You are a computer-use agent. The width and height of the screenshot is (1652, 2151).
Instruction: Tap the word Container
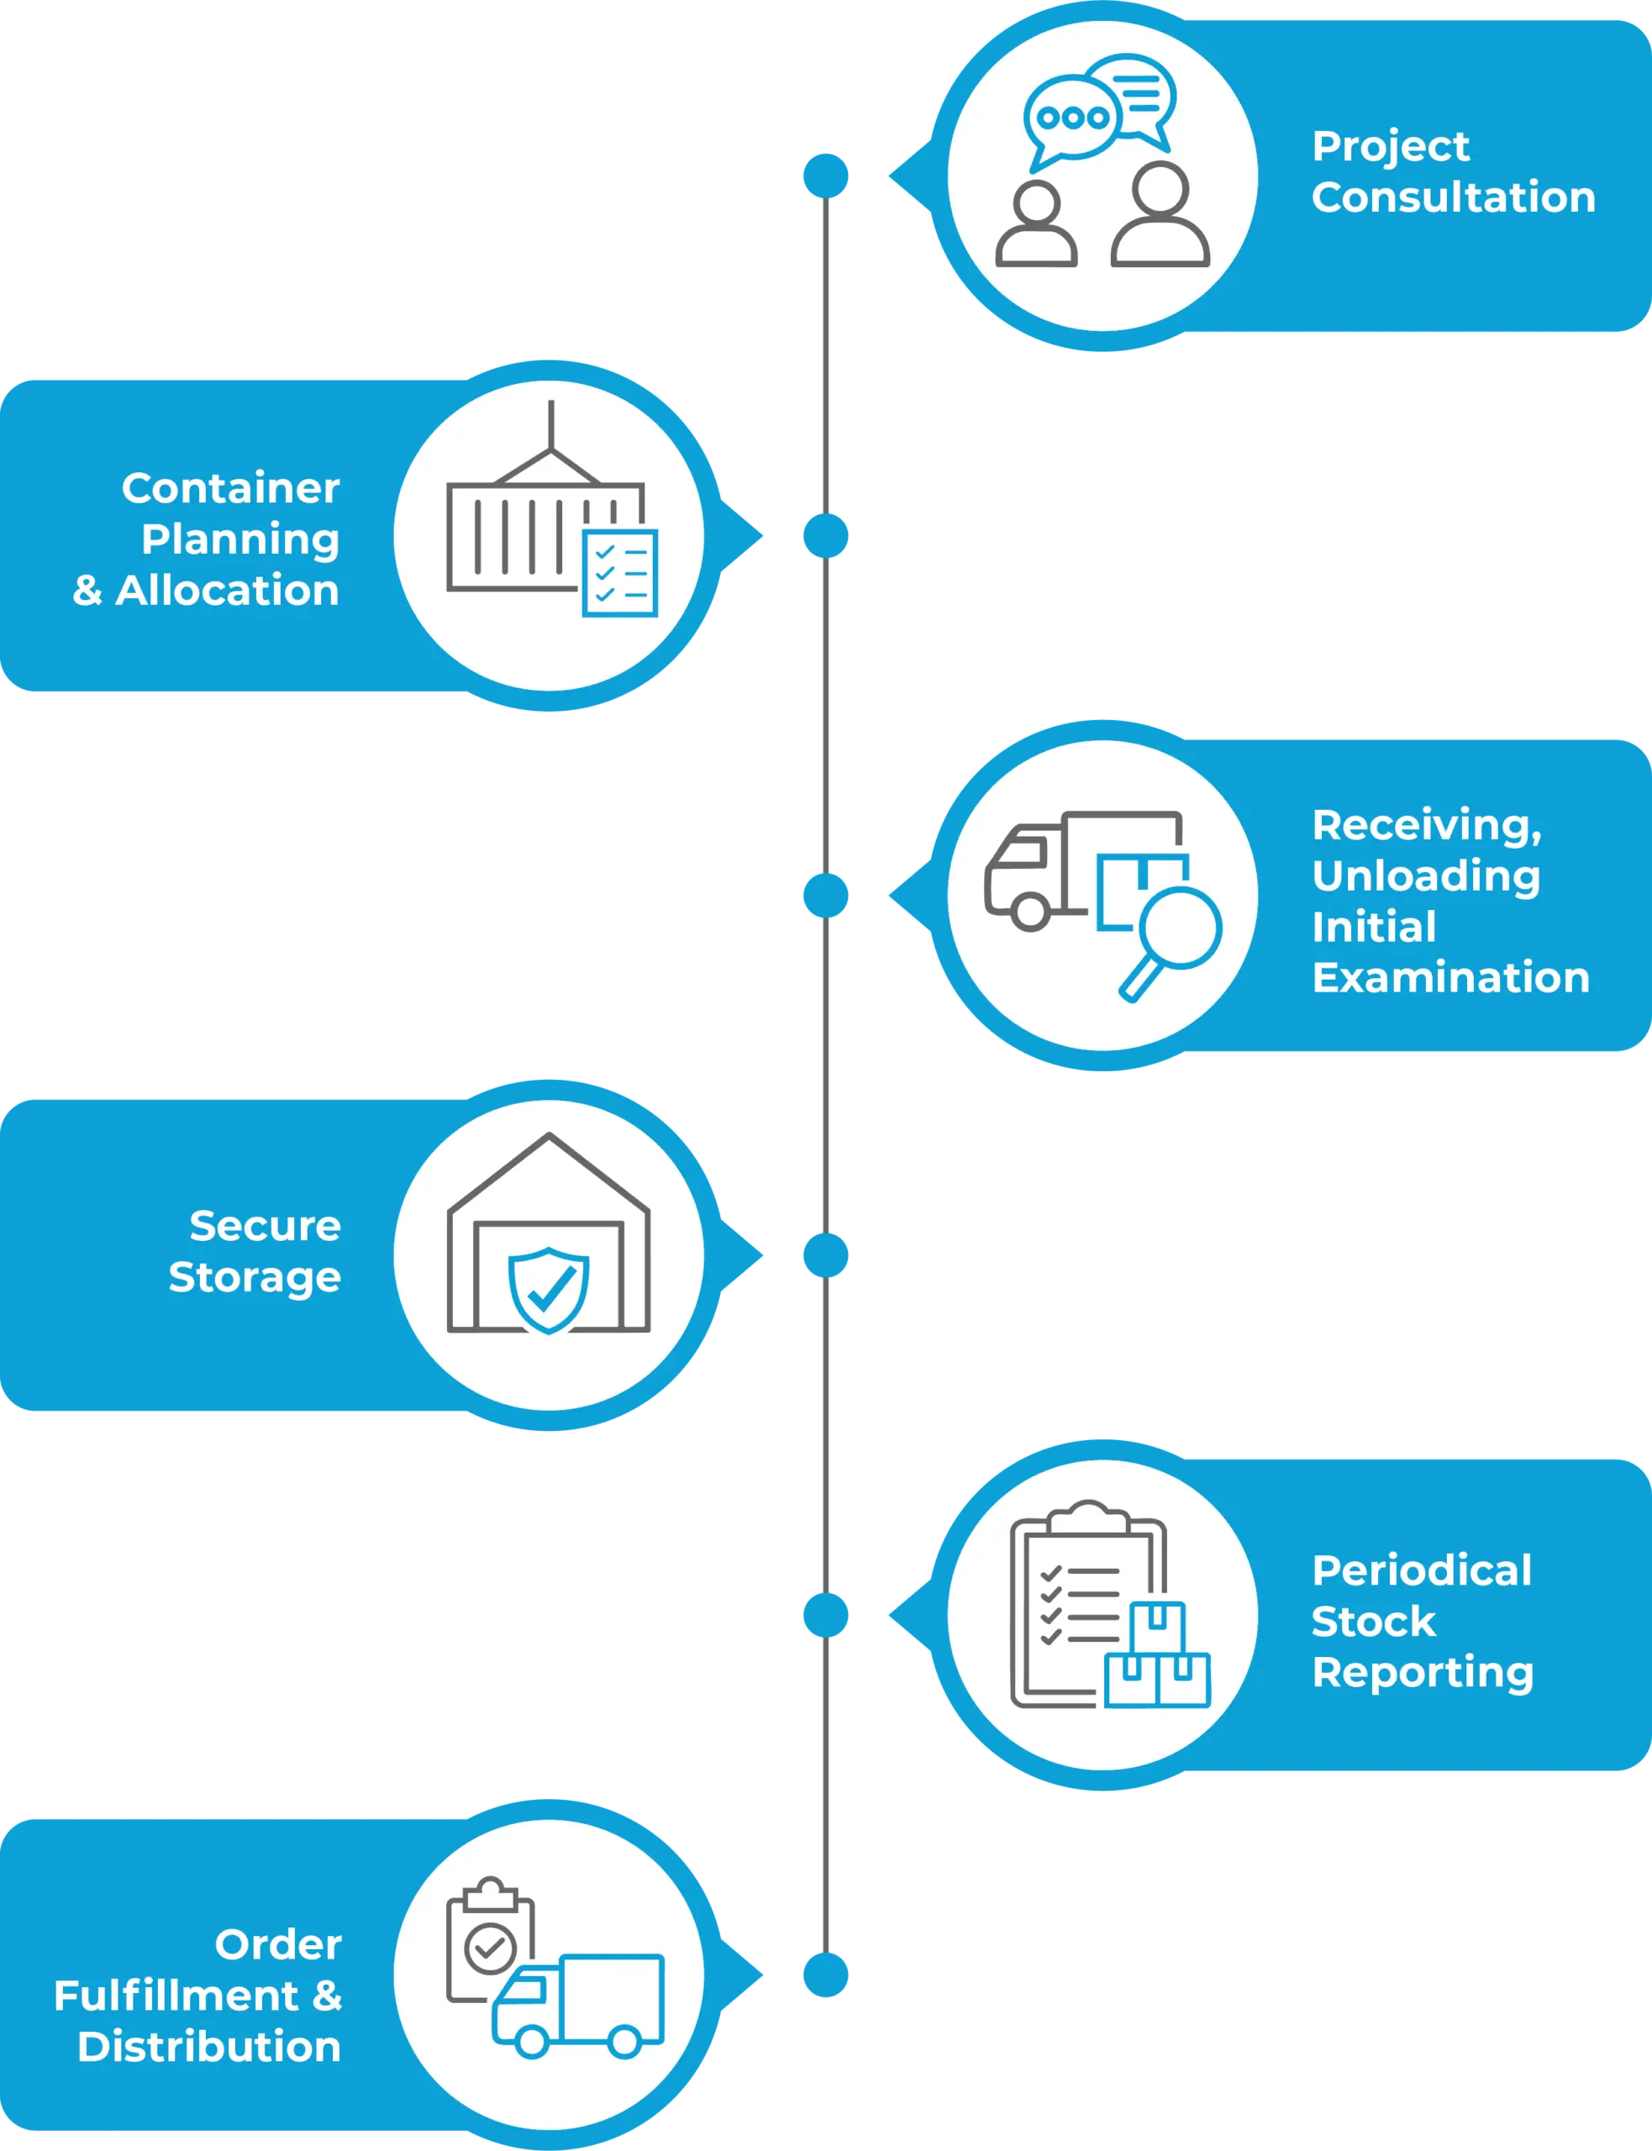[x=230, y=488]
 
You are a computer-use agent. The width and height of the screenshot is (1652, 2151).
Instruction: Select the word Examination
[x=1450, y=978]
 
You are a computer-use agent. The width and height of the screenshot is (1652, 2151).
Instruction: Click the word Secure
[x=265, y=1226]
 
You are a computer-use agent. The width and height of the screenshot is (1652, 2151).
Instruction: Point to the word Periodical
[x=1421, y=1570]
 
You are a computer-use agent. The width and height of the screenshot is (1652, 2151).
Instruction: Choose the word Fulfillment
[x=177, y=1996]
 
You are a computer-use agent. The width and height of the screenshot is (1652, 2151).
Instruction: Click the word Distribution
[x=208, y=2047]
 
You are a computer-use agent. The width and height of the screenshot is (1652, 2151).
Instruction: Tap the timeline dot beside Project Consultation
[x=826, y=176]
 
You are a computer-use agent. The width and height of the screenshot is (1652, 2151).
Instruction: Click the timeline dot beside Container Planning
[x=826, y=536]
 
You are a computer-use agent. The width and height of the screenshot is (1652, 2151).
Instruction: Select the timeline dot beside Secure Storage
[x=826, y=1256]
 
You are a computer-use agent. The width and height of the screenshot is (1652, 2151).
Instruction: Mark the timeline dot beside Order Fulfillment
[x=826, y=1976]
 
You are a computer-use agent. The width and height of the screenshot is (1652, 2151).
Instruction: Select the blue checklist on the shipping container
[x=619, y=573]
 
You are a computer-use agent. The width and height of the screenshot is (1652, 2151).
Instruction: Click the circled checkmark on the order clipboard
[x=490, y=1948]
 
